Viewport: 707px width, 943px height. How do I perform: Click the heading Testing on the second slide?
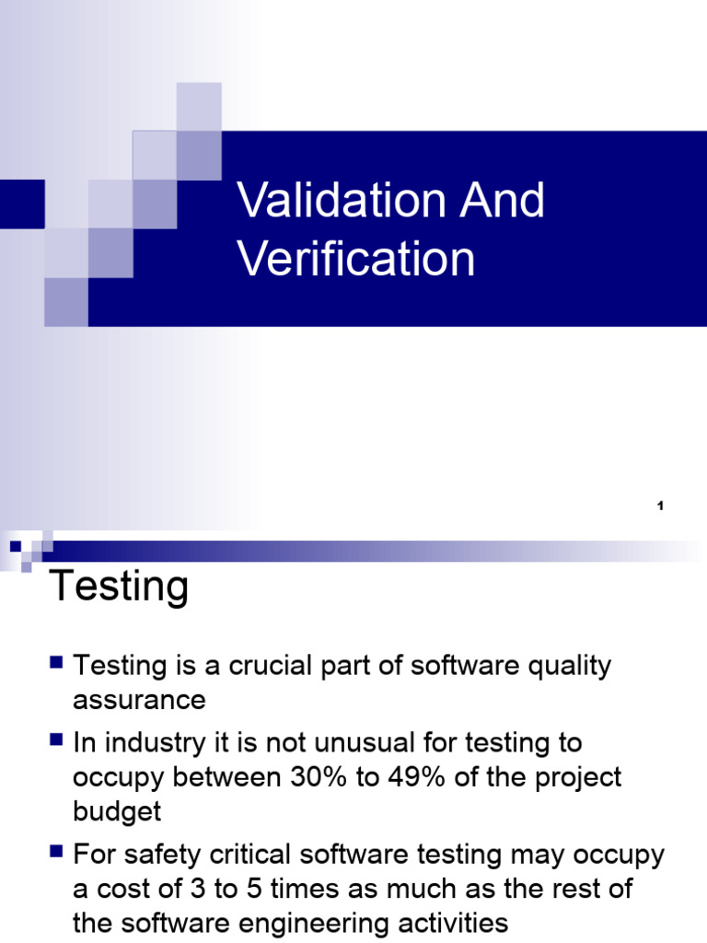click(119, 587)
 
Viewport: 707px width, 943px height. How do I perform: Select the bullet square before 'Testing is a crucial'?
click(57, 662)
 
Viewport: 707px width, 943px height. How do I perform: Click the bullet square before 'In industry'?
click(57, 739)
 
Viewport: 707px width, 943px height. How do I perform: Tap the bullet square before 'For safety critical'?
click(57, 853)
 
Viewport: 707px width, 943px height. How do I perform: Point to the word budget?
click(117, 811)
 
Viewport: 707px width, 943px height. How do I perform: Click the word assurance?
click(139, 700)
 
